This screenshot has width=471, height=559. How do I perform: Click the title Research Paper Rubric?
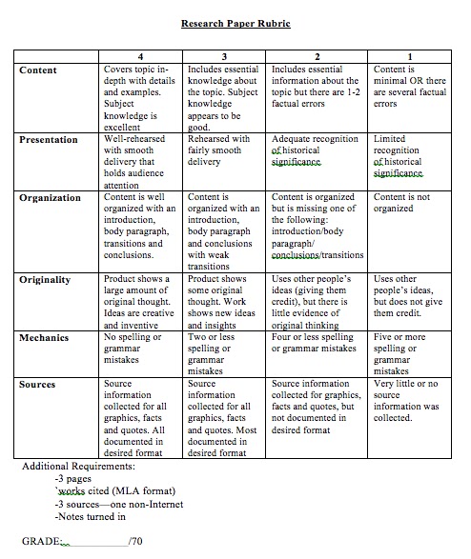[235, 23]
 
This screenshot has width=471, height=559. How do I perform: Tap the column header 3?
[224, 58]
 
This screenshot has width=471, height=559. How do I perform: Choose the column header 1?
[410, 58]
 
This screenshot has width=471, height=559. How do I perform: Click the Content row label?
[38, 70]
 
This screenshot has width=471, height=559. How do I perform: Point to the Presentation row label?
[50, 140]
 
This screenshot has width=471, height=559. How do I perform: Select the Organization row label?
[51, 198]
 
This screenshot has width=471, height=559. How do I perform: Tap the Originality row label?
[46, 280]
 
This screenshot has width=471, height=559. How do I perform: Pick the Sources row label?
[38, 385]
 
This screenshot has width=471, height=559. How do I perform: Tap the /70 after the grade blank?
[138, 542]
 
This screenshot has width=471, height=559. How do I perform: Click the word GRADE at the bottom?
[41, 542]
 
